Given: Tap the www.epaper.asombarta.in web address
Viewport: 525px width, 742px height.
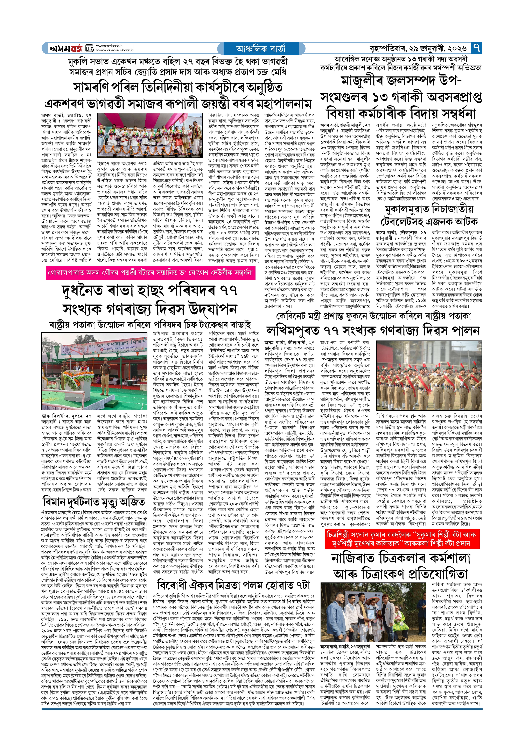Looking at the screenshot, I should [x=115, y=50].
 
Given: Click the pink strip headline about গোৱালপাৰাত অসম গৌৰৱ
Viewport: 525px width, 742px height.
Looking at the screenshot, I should [x=150, y=273].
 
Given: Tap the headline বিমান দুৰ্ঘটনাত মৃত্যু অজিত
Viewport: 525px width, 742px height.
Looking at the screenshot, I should [x=94, y=502].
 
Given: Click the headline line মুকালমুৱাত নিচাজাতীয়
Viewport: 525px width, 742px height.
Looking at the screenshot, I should [x=429, y=209].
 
